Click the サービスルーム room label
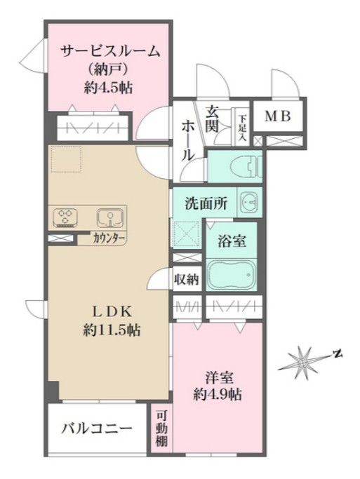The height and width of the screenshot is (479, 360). tap(111, 50)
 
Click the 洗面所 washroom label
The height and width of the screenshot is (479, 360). tap(206, 204)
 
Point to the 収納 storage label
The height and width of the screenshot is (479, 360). tap(187, 278)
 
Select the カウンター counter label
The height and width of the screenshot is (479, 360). tap(109, 238)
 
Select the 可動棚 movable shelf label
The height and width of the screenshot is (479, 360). tap(161, 430)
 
